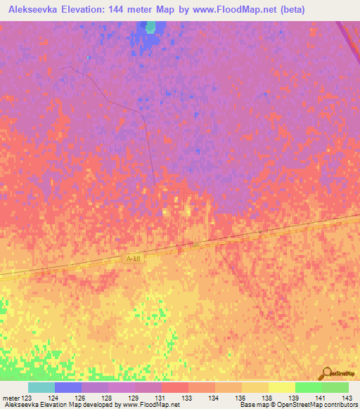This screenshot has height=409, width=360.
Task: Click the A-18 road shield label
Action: tap(133, 259)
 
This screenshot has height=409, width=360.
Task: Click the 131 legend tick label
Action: tap(148, 397)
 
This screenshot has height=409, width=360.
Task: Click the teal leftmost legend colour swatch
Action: tap(41, 387)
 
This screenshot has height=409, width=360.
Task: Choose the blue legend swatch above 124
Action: tap(68, 387)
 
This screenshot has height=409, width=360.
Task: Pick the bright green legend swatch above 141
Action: tap(308, 387)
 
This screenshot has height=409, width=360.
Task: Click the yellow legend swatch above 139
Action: tap(281, 387)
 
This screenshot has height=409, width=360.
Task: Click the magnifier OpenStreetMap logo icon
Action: tap(326, 373)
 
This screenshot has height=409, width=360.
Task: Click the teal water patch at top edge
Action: tap(150, 27)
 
